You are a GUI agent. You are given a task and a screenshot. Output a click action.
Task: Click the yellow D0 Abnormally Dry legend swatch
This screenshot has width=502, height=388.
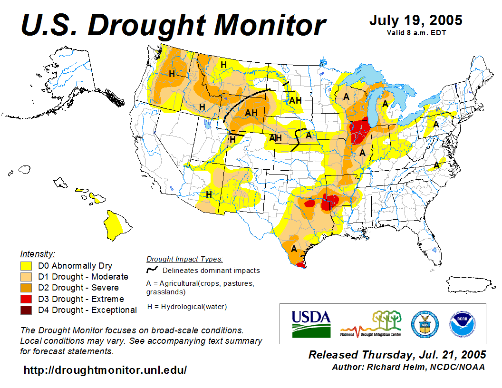pos(26,266)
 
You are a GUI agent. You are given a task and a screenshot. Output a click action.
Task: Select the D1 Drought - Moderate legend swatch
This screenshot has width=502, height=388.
pos(26,277)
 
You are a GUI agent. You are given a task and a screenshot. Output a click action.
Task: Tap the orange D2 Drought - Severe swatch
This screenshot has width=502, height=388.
pos(26,288)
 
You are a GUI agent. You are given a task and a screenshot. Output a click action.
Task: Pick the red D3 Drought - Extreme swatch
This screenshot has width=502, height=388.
pos(26,299)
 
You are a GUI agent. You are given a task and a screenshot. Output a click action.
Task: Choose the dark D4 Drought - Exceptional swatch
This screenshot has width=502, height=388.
pos(26,310)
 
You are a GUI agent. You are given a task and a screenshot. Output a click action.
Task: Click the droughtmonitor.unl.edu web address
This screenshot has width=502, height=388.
pos(105,369)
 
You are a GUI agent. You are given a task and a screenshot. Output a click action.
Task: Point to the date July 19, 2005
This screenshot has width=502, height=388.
pos(415,21)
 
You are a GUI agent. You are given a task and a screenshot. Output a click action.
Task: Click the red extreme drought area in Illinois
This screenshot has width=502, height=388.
pos(361,132)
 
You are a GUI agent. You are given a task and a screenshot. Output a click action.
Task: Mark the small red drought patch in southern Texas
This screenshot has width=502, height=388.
pos(300,265)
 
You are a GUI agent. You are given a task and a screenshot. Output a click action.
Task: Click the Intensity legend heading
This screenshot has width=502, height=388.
pos(38,253)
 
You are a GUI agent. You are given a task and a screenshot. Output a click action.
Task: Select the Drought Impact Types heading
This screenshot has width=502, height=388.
pos(184,259)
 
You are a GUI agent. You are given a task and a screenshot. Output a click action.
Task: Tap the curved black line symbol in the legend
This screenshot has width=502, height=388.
pos(152,270)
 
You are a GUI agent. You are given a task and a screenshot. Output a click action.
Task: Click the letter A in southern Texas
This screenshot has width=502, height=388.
pos(294,249)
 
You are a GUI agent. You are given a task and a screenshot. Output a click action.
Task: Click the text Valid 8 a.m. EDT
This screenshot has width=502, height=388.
pos(416,33)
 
